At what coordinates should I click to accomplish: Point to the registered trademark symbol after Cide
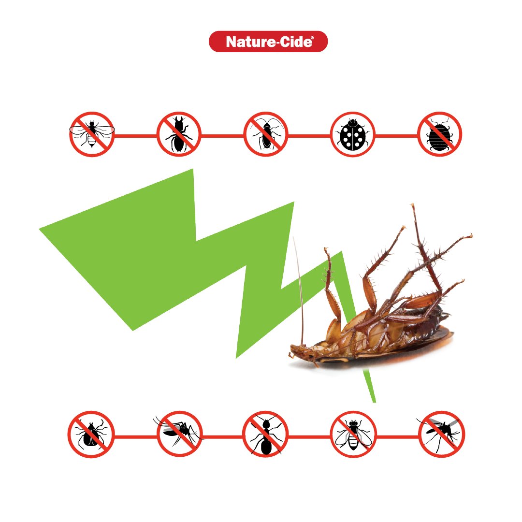(x=312, y=38)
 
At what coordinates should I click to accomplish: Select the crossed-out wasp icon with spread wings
(x=92, y=134)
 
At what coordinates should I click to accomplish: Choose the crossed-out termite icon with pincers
(x=179, y=134)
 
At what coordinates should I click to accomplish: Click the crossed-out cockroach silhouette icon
(x=266, y=134)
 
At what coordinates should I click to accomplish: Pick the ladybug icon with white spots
(x=352, y=134)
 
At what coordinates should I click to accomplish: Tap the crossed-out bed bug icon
(x=440, y=134)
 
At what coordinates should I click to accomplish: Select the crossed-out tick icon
(x=91, y=435)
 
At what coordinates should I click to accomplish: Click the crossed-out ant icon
(x=265, y=435)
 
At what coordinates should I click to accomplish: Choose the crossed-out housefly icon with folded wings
(x=353, y=435)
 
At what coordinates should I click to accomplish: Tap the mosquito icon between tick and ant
(x=179, y=435)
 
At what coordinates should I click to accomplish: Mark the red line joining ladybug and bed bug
(x=396, y=136)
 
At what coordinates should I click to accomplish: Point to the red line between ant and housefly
(x=309, y=436)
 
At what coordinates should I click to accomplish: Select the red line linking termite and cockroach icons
(x=222, y=136)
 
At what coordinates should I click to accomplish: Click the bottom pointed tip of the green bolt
(x=375, y=402)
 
